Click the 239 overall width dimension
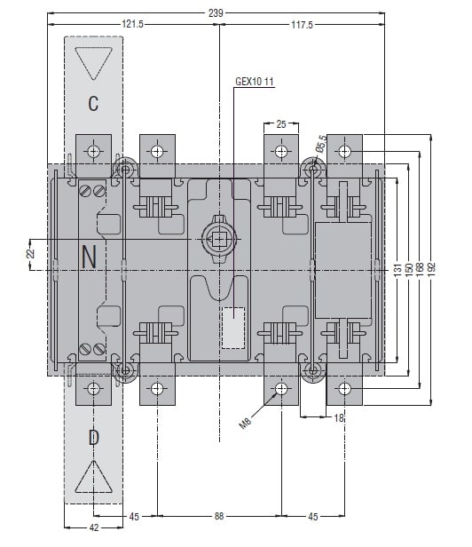[216, 13]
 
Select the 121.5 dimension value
[132, 24]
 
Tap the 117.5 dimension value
[302, 25]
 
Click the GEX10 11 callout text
[255, 82]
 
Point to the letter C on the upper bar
[93, 103]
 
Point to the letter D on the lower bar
[93, 437]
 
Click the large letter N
[89, 257]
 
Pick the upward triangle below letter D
[93, 477]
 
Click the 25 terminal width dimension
[281, 124]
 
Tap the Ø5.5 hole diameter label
[321, 145]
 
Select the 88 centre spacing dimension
[219, 516]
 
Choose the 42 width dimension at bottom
[94, 527]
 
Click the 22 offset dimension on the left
[31, 253]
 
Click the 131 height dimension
[397, 270]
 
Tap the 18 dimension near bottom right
[339, 418]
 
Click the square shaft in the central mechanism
[219, 239]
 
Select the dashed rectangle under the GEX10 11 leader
[233, 328]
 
